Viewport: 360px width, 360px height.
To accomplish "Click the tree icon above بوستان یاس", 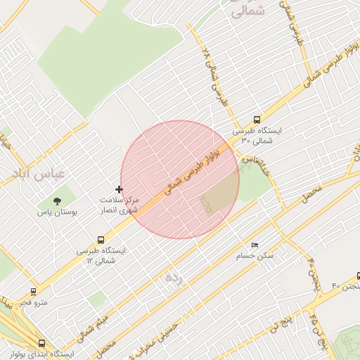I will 57,202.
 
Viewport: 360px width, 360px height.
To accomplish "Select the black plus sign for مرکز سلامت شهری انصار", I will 119,189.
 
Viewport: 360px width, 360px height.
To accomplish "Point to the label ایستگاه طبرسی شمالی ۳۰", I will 257,136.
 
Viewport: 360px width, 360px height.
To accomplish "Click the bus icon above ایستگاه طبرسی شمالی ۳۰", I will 257,120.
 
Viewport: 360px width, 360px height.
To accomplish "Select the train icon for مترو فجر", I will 33,291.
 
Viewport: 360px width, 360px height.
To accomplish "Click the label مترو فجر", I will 32,302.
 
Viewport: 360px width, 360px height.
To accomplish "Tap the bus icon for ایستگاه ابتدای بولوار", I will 42,344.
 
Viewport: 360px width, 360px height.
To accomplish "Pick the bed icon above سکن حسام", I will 255,245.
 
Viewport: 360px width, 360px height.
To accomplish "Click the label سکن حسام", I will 256,255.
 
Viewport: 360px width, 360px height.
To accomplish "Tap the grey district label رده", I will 173,278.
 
